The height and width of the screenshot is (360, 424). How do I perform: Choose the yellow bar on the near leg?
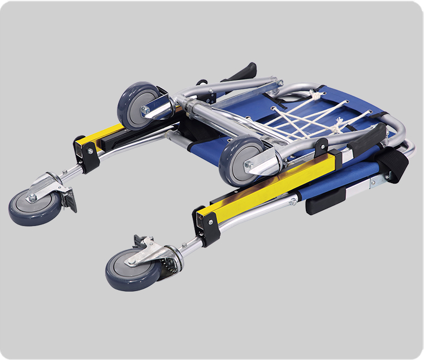(266, 186)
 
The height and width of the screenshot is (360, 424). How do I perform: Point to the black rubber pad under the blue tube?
(326, 201)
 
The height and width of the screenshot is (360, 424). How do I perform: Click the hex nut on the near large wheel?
(249, 166)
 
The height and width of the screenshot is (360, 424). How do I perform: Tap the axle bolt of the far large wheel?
(146, 110)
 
